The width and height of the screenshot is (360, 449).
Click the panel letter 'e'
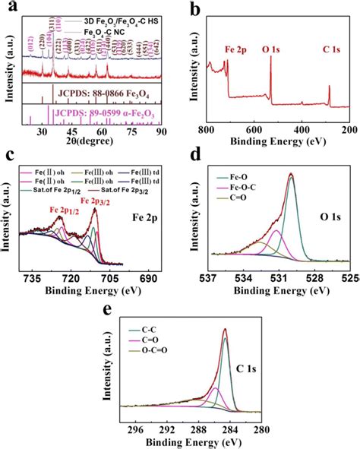[x=116, y=311]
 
